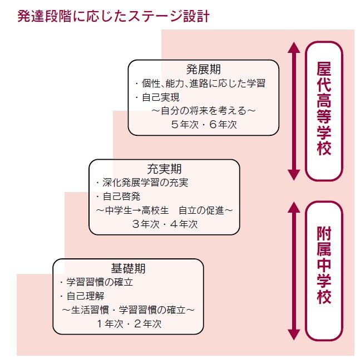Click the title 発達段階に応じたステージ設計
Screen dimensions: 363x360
point(114,16)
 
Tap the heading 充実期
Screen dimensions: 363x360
point(165,169)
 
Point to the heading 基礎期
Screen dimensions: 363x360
point(129,268)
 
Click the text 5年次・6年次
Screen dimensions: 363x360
point(204,124)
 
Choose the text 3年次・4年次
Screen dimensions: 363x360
point(165,224)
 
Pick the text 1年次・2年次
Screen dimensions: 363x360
point(129,323)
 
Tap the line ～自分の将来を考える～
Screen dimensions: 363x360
point(204,111)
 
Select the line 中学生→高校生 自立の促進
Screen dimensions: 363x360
point(164,210)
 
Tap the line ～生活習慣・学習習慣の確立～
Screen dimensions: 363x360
point(129,310)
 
